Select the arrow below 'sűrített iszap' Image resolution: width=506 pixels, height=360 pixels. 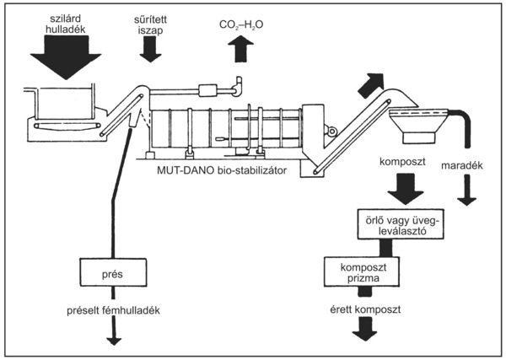[x=152, y=50]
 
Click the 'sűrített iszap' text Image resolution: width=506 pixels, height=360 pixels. [x=153, y=23]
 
